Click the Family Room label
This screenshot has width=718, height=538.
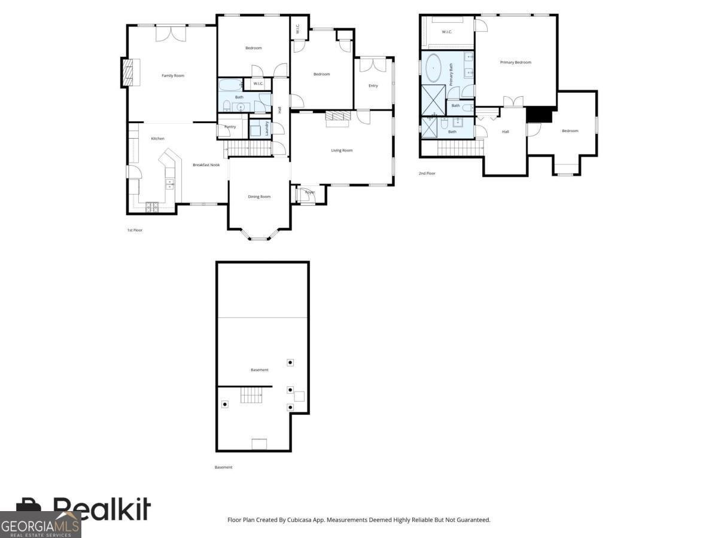pyautogui.click(x=173, y=75)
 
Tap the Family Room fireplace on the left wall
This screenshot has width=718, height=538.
pyautogui.click(x=127, y=72)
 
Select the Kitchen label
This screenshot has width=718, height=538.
pyautogui.click(x=157, y=139)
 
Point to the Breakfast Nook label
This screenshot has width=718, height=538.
pyautogui.click(x=206, y=165)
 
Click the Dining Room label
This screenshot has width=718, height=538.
pyautogui.click(x=259, y=197)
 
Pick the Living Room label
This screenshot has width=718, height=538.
pyautogui.click(x=342, y=150)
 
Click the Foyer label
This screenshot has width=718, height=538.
pyautogui.click(x=310, y=192)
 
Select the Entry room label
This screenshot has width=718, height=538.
pyautogui.click(x=373, y=85)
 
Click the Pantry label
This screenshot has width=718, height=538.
pyautogui.click(x=230, y=127)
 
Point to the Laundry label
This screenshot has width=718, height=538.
pyautogui.click(x=267, y=129)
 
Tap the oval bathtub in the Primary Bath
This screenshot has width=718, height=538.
pyautogui.click(x=433, y=69)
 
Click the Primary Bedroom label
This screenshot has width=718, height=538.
pyautogui.click(x=515, y=62)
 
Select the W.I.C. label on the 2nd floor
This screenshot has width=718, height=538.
pyautogui.click(x=446, y=32)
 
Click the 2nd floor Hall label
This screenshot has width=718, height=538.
pyautogui.click(x=505, y=132)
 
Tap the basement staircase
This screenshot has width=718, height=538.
pyautogui.click(x=251, y=395)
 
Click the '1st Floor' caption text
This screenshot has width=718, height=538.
pyautogui.click(x=135, y=230)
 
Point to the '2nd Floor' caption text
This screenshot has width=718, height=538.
pyautogui.click(x=427, y=173)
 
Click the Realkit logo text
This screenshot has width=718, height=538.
pyautogui.click(x=102, y=509)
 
